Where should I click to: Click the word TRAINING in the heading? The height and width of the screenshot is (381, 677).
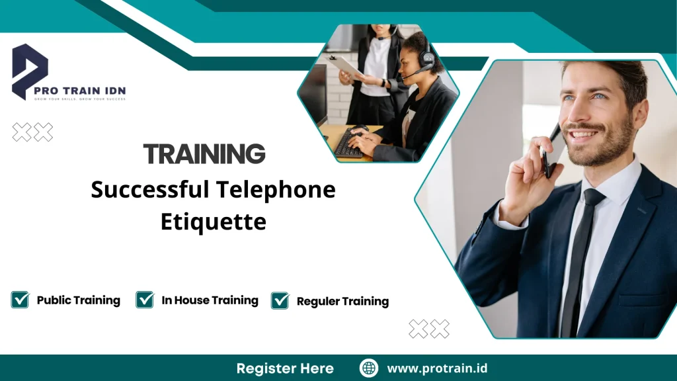pyautogui.click(x=204, y=153)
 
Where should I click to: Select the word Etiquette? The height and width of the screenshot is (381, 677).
pyautogui.click(x=213, y=221)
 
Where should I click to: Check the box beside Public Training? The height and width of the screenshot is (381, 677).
pyautogui.click(x=20, y=300)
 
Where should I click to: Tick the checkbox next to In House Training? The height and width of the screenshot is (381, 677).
pyautogui.click(x=145, y=300)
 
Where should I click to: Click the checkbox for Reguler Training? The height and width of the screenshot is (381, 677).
pyautogui.click(x=280, y=300)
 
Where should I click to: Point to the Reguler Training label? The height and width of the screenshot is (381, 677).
pyautogui.click(x=342, y=302)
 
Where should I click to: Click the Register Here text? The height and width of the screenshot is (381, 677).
pyautogui.click(x=285, y=368)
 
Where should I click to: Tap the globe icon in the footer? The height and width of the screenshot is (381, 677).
pyautogui.click(x=369, y=368)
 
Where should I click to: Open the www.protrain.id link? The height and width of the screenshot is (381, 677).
pyautogui.click(x=437, y=368)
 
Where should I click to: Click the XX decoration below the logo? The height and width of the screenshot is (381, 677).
pyautogui.click(x=33, y=132)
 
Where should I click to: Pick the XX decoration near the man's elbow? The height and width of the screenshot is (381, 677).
pyautogui.click(x=429, y=329)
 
